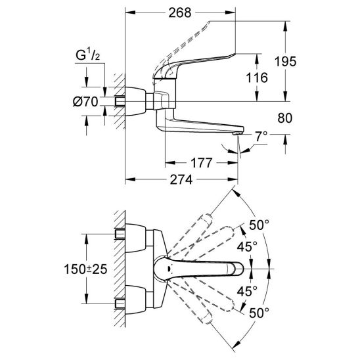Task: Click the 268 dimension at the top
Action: pos(180,13)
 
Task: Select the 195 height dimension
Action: pos(285,62)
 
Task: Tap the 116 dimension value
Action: pos(257,78)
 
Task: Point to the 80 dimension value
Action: pos(284,118)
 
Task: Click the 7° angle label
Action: pos(261,137)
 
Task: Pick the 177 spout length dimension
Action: pos(201,163)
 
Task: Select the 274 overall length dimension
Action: pos(181,180)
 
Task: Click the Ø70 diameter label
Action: pos(85,101)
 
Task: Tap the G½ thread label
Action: pos(88,55)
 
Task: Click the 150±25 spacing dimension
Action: pos(85,269)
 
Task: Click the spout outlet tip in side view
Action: pos(237,133)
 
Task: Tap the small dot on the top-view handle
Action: pos(169,268)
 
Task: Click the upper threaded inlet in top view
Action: pos(120,234)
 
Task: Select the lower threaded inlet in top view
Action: pos(120,304)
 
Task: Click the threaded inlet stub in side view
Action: pos(120,101)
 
